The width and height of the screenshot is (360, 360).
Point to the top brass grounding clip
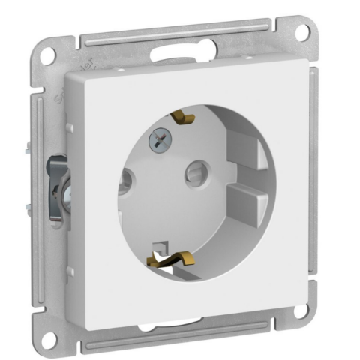[184, 118]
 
